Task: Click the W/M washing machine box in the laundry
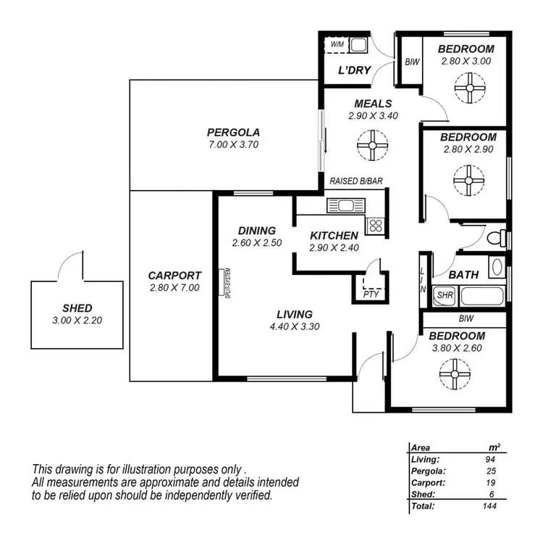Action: click(x=337, y=45)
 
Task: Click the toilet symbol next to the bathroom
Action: click(x=496, y=237)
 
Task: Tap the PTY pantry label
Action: click(x=370, y=294)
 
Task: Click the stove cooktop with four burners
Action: click(x=375, y=225)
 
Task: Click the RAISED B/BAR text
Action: click(x=355, y=181)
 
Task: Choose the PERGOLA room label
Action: click(x=233, y=132)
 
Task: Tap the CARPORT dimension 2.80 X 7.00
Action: click(x=174, y=288)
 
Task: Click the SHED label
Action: click(x=77, y=307)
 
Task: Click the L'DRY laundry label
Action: click(x=355, y=70)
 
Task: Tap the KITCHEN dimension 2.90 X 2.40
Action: click(x=334, y=247)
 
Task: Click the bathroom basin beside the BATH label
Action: click(x=497, y=268)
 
